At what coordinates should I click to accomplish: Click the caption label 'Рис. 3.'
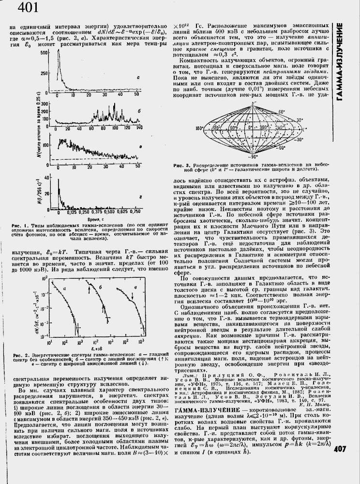(x=182, y=166)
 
